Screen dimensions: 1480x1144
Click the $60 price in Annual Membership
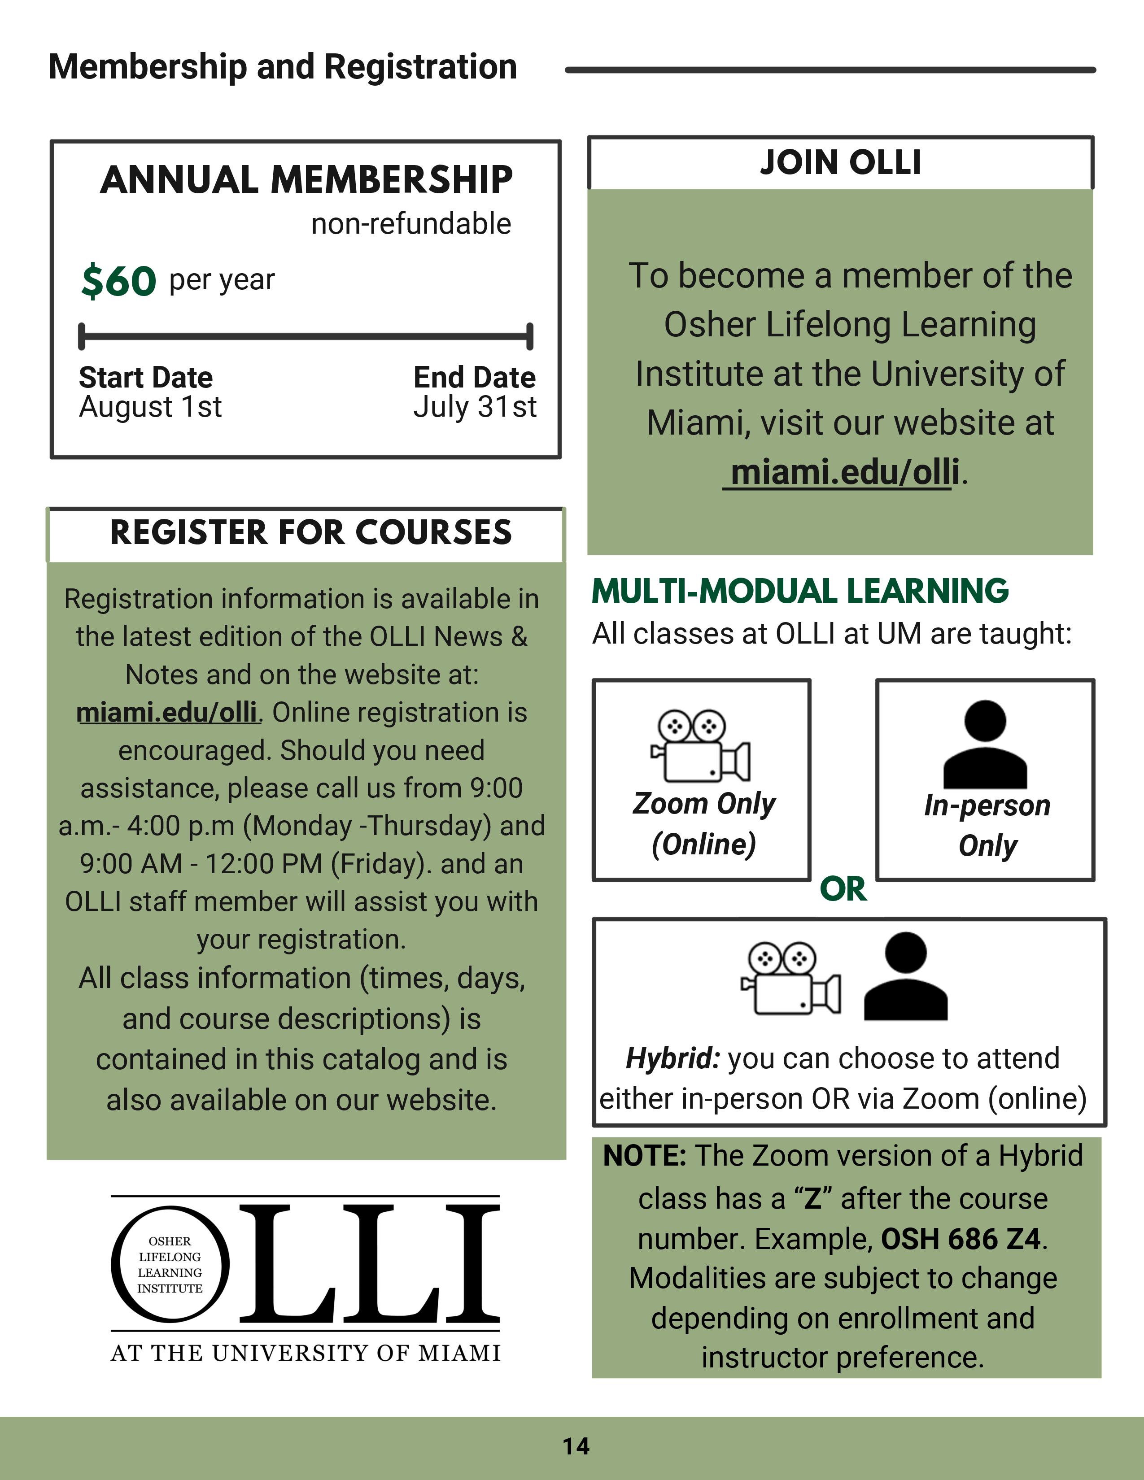tap(118, 281)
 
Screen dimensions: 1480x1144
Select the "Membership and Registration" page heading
tap(283, 67)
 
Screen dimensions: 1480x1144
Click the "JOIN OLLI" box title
tap(840, 163)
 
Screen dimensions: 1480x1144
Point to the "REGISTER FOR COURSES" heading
tap(311, 533)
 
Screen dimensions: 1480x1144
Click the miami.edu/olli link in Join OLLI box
tap(844, 472)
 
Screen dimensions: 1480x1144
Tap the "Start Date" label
tap(146, 378)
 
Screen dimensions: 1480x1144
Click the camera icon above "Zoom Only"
tap(701, 745)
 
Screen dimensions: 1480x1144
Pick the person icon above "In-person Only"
tap(985, 744)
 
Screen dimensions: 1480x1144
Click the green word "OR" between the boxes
tap(843, 889)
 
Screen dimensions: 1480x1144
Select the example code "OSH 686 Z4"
tap(961, 1239)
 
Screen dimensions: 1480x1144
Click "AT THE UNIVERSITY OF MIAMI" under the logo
tap(306, 1353)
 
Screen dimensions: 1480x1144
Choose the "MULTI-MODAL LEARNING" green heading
tap(800, 591)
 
